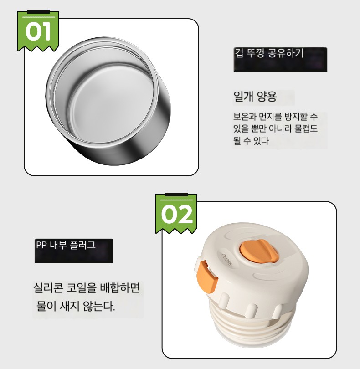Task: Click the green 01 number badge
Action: click(x=38, y=31)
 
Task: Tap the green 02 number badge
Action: click(x=176, y=213)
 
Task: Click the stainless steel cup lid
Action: click(x=108, y=101)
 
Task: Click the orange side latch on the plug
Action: click(x=205, y=277)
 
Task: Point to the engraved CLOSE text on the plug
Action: click(x=227, y=259)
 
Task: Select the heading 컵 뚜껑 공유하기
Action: click(x=269, y=53)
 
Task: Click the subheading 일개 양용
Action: click(x=255, y=96)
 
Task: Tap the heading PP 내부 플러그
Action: click(x=66, y=245)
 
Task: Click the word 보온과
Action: click(x=244, y=116)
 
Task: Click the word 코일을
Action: click(x=82, y=287)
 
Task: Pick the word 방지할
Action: click(x=296, y=116)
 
